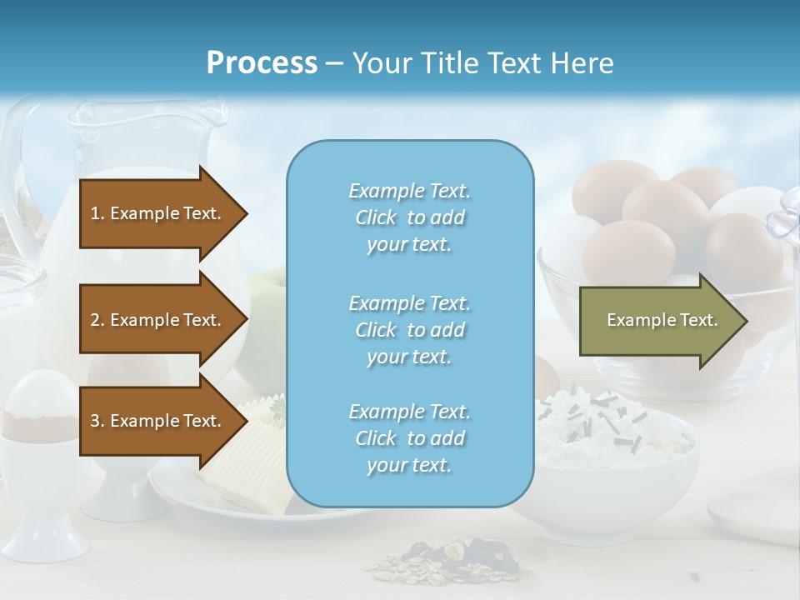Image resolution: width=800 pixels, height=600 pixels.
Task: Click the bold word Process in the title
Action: coord(262,62)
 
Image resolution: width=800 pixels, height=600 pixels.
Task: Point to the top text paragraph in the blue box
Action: coord(409,217)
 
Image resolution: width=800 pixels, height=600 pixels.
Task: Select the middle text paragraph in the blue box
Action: coord(409,330)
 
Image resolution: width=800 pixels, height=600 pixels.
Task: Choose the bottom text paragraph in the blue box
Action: coord(409,438)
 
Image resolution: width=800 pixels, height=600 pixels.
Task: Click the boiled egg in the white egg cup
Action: coord(39,396)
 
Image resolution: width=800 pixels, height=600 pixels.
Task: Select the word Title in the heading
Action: coord(450,62)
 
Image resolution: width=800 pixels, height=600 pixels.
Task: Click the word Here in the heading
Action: coord(582,62)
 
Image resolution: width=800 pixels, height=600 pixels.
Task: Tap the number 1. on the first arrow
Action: coord(97,213)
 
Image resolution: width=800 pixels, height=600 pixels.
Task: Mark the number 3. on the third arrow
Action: coord(97,421)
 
